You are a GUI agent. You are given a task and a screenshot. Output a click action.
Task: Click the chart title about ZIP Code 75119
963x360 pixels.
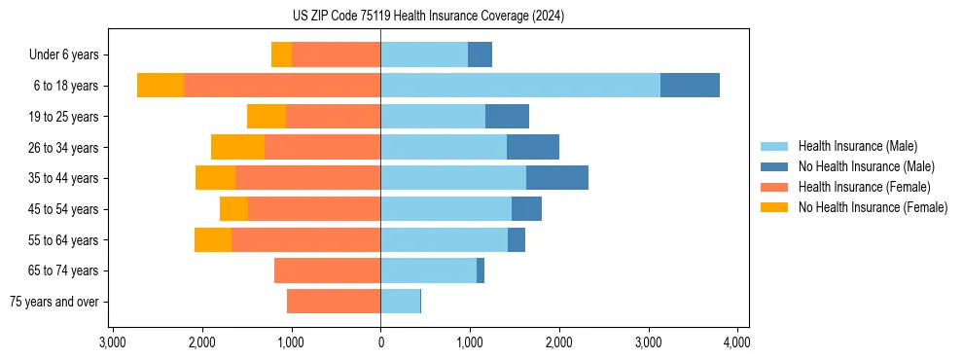click(428, 17)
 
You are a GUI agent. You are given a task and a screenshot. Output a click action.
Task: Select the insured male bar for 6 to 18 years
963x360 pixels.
click(520, 86)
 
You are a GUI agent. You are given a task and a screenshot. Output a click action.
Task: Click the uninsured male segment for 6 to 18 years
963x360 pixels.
click(690, 86)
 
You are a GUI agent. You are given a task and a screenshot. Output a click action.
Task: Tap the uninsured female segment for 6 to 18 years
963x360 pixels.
click(160, 86)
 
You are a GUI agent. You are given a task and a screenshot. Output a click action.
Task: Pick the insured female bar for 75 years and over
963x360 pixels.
click(334, 302)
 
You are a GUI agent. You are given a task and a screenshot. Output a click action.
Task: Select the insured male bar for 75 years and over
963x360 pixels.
click(400, 302)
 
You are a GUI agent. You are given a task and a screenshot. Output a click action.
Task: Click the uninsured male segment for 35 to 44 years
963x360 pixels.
click(557, 178)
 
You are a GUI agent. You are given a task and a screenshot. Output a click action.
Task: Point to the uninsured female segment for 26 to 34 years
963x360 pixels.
click(237, 147)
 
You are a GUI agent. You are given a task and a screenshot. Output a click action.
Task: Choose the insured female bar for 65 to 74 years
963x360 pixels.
click(327, 270)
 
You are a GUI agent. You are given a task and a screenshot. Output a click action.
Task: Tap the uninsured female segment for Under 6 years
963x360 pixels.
click(281, 54)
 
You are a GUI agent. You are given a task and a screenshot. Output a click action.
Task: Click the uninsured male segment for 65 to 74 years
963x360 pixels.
click(481, 270)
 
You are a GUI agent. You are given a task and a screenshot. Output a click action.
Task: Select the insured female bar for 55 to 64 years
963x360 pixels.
click(305, 239)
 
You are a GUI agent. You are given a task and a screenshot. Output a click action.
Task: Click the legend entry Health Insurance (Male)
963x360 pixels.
click(857, 146)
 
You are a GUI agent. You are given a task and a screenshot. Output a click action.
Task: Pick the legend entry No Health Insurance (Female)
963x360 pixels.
click(873, 207)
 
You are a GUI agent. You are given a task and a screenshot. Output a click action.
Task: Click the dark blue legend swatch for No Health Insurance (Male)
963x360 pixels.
click(774, 166)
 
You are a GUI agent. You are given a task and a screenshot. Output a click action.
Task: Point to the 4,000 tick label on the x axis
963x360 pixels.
click(736, 342)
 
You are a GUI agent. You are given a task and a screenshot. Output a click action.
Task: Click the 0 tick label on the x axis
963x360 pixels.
click(380, 342)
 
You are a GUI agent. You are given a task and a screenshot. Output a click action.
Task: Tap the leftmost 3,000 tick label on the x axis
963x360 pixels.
click(113, 342)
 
